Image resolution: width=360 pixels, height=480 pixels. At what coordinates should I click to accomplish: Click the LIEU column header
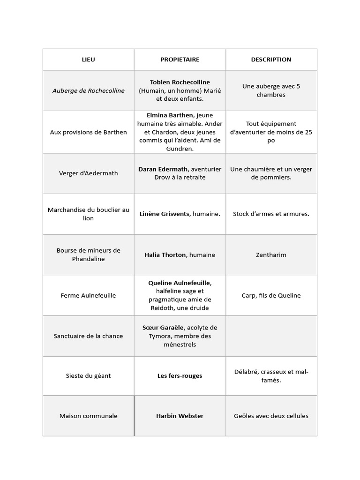tap(88, 60)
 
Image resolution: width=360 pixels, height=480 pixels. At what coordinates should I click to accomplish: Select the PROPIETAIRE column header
tap(180, 60)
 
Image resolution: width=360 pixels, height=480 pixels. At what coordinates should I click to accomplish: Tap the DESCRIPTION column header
tap(271, 60)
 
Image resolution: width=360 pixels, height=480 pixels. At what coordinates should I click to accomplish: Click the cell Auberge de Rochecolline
tap(88, 90)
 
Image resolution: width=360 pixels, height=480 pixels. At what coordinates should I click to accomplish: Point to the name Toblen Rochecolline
tap(180, 82)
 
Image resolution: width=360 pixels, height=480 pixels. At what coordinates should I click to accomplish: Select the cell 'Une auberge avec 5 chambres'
tap(271, 90)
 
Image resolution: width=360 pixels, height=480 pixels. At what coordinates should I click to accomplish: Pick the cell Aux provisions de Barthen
tap(88, 132)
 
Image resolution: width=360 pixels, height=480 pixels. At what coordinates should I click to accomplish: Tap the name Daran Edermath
tap(163, 169)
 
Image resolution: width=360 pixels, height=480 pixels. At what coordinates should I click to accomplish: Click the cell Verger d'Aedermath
tap(88, 173)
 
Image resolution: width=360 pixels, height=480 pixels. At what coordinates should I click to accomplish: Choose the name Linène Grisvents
tap(165, 214)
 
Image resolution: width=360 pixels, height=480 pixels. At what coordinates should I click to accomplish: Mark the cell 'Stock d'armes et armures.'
tap(271, 214)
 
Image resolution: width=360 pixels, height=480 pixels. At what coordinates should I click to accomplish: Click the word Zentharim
tap(271, 255)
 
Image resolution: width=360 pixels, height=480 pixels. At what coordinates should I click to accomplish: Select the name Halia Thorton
tap(165, 255)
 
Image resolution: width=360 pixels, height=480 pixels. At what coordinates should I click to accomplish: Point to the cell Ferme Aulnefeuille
tap(88, 296)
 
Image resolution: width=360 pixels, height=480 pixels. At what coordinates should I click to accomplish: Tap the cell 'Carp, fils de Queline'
tap(271, 296)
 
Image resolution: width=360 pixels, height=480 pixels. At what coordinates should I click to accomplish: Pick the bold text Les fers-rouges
tap(180, 376)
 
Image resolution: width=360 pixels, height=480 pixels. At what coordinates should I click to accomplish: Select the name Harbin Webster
tap(180, 416)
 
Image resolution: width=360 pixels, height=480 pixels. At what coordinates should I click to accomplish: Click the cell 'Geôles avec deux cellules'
tap(271, 416)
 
